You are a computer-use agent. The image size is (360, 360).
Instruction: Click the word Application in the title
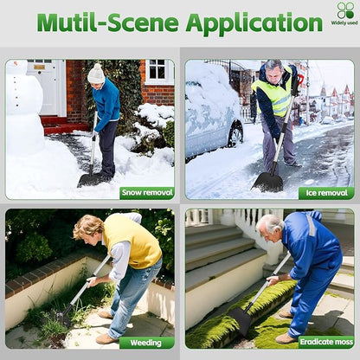pos(254,23)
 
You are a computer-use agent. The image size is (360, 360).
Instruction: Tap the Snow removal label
pos(147,192)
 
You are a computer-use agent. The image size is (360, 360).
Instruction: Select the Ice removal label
pos(326,193)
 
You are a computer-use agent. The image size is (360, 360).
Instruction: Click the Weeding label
pos(146,343)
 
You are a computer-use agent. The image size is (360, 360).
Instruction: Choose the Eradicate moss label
pos(326,342)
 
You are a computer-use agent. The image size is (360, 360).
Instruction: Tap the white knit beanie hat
pos(96,74)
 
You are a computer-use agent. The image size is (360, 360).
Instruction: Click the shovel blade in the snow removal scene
pos(91,180)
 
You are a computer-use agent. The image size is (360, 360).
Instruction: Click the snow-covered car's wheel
pos(236,134)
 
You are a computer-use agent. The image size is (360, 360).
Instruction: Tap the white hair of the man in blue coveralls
pos(270,224)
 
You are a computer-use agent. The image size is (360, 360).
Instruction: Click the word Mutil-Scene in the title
pos(107,22)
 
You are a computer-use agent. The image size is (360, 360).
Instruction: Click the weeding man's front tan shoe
pos(106,338)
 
